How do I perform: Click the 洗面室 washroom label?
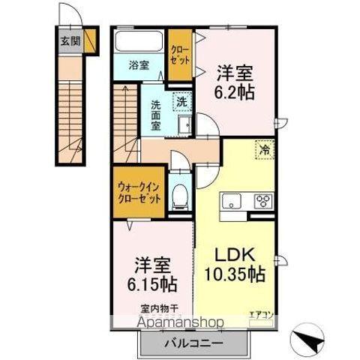coord(156,115)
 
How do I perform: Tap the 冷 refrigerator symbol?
coord(265,150)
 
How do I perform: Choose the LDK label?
coord(234,254)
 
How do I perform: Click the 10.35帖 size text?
coord(235,274)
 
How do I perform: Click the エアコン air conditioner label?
coord(259,315)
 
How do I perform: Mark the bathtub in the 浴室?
coord(139,40)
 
